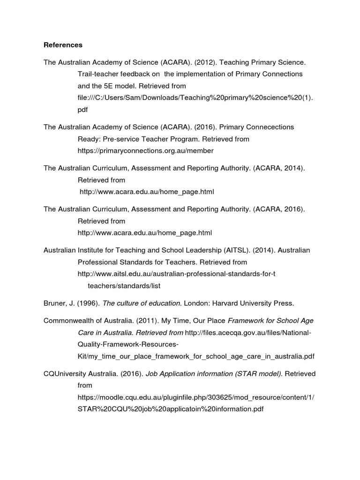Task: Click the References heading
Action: pos(63,45)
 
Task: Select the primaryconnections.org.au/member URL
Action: pos(145,150)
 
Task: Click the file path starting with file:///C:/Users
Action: pos(195,97)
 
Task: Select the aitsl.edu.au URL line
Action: pos(176,274)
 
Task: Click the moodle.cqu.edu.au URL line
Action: pos(195,397)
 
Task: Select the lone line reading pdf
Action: pos(82,109)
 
